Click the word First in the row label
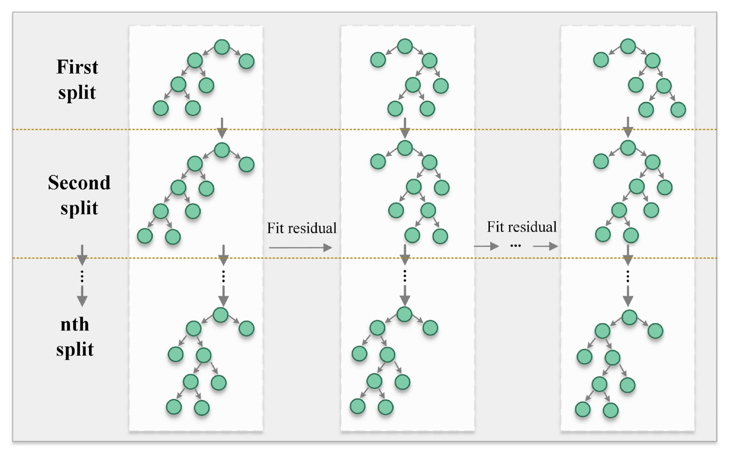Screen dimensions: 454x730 pos(77,67)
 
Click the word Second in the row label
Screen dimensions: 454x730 pos(79,183)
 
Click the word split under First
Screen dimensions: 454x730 pos(77,92)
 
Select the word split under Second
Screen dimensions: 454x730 pos(79,208)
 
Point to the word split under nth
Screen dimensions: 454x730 pos(75,349)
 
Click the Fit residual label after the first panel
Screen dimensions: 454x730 pos(302,228)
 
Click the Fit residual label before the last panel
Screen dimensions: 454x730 pos(521,227)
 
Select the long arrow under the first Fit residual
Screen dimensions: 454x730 pos(300,248)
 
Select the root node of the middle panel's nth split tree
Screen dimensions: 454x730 pos(404,314)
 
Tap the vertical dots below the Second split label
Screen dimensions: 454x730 pos(82,276)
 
